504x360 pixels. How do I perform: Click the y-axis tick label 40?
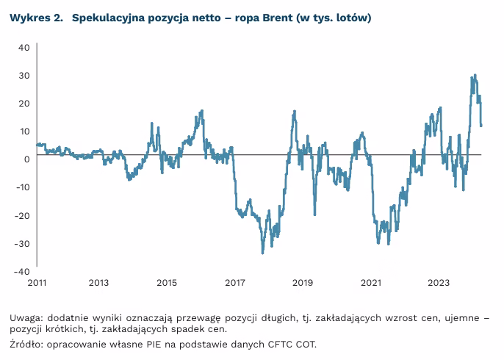pyautogui.click(x=23, y=47)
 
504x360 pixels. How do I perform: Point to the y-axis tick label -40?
pyautogui.click(x=21, y=271)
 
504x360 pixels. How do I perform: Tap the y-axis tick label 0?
pyautogui.click(x=26, y=159)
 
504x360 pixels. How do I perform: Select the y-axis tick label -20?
pyautogui.click(x=21, y=215)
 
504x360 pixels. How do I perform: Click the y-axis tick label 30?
pyautogui.click(x=23, y=75)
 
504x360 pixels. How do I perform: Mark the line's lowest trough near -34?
pyautogui.click(x=262, y=253)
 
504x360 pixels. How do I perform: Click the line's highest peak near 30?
pyautogui.click(x=475, y=75)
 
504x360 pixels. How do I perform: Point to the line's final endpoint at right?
pyautogui.click(x=481, y=126)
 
